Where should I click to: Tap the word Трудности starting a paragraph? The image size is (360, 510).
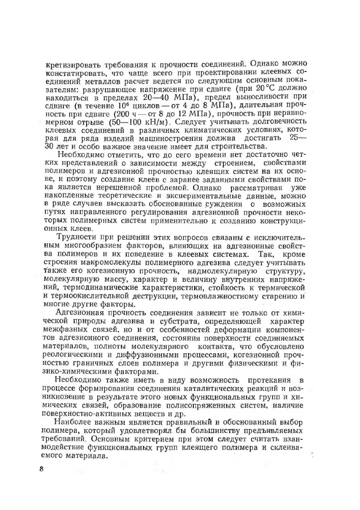(x=75, y=238)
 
